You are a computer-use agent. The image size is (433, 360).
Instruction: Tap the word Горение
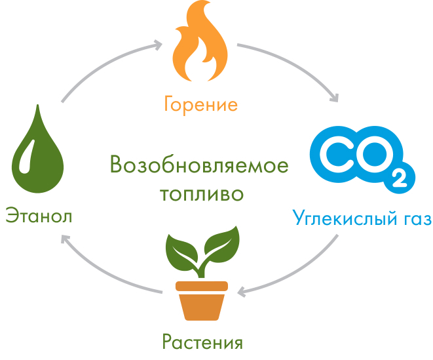click(x=200, y=104)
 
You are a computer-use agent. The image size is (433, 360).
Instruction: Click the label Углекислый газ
click(x=362, y=217)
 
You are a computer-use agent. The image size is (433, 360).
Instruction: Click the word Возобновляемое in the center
click(x=199, y=165)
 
